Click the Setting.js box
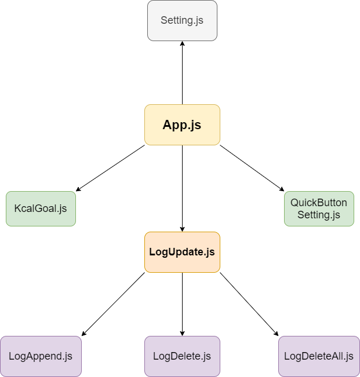pos(182,20)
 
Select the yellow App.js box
pos(182,125)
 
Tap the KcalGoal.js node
pos(41,208)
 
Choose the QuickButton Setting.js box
pos(319,208)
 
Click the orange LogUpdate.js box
pos(182,252)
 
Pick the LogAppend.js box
pos(41,356)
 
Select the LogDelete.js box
pos(182,356)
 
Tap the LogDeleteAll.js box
pos(319,356)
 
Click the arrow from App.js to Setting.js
pos(182,72)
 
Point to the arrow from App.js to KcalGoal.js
pos(110,168)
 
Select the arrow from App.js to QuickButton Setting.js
pos(252,168)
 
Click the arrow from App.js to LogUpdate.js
pos(182,188)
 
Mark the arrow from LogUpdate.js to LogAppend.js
pos(113,304)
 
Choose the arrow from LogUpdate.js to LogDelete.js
pos(182,304)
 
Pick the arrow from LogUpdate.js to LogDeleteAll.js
pos(249,304)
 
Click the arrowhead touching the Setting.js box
pos(182,45)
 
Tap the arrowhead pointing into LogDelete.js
pos(182,332)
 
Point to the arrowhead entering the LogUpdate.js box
pos(182,228)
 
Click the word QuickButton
pos(319,203)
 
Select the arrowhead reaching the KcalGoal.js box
pos(79,189)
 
